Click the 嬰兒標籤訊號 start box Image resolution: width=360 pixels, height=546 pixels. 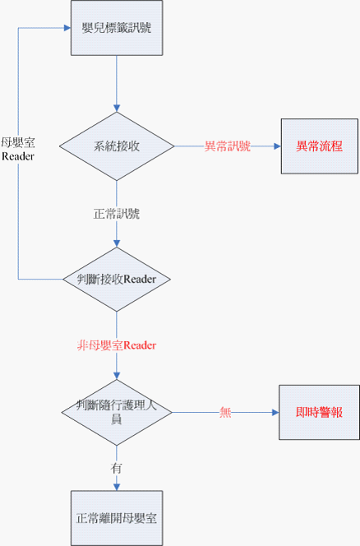tap(116, 29)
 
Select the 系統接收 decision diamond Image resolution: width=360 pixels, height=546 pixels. tap(116, 146)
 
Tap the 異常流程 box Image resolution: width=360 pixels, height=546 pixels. tap(319, 146)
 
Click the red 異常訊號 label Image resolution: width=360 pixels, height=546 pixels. tap(228, 146)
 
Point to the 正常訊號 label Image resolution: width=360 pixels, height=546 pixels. tap(116, 214)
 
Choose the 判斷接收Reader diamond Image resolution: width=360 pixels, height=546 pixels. tap(116, 279)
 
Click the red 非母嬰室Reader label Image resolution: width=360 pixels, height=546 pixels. tap(116, 345)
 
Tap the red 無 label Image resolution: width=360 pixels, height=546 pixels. tap(224, 413)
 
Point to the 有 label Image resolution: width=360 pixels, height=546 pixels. tap(116, 467)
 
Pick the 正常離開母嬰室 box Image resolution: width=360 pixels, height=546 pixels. tap(116, 519)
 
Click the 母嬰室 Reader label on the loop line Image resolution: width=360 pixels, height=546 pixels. tap(18, 149)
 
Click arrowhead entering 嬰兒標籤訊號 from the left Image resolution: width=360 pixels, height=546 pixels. tap(67, 27)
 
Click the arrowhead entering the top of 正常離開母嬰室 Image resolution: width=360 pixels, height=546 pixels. tap(116, 489)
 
